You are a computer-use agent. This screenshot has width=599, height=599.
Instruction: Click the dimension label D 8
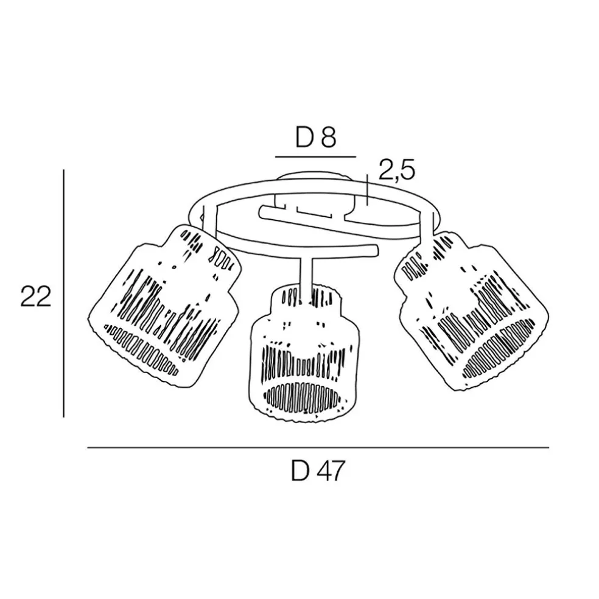pyautogui.click(x=315, y=138)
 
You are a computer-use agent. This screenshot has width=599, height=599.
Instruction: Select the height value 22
pyautogui.click(x=35, y=297)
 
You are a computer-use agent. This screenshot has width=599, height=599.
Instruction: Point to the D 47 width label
pyautogui.click(x=318, y=471)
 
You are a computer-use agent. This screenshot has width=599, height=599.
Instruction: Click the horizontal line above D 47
pyautogui.click(x=318, y=448)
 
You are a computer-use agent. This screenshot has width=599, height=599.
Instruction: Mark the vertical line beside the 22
pyautogui.click(x=64, y=294)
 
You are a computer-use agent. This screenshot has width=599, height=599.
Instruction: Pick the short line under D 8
pyautogui.click(x=315, y=156)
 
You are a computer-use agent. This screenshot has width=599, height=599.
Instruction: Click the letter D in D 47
pyautogui.click(x=299, y=471)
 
